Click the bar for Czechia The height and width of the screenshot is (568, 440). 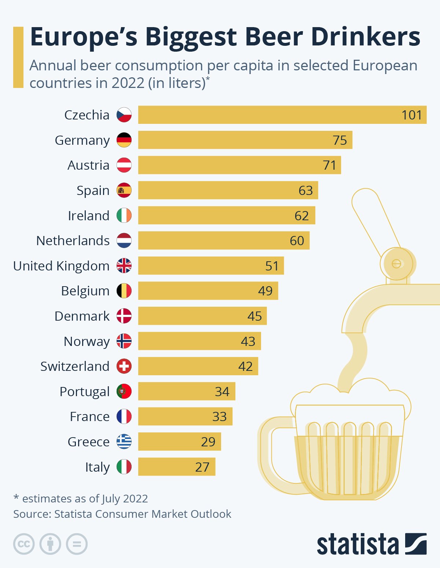click(x=282, y=115)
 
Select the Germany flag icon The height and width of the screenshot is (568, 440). click(x=124, y=140)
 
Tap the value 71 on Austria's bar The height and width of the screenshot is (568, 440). click(x=330, y=165)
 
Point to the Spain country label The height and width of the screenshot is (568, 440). click(x=93, y=191)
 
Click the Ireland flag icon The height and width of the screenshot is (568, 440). click(x=124, y=215)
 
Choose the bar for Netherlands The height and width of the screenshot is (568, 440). click(x=224, y=241)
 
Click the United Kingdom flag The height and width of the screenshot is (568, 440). click(x=124, y=266)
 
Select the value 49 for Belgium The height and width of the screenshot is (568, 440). click(x=265, y=291)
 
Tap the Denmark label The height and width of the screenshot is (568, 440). click(x=82, y=316)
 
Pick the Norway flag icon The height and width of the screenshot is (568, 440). click(x=124, y=341)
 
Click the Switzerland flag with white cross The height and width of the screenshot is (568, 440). click(x=124, y=366)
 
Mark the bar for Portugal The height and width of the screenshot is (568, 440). click(x=187, y=391)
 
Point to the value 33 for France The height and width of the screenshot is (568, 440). click(x=219, y=417)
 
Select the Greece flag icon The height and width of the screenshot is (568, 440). click(x=124, y=442)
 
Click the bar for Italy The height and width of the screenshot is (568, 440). click(x=176, y=467)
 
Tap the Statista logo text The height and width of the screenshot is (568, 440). click(x=357, y=544)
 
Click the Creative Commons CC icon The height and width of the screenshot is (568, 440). click(x=24, y=544)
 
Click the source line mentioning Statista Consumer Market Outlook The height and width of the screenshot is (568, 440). click(x=122, y=514)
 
